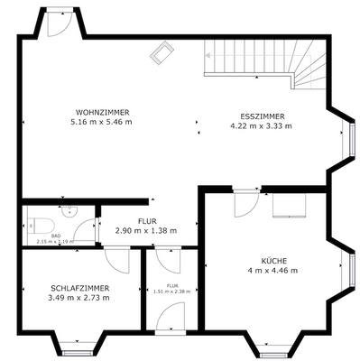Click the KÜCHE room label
click(x=272, y=258)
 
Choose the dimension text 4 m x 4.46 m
click(x=272, y=269)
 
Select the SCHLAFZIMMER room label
click(x=79, y=287)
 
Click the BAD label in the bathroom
click(x=55, y=236)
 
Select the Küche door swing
click(x=245, y=205)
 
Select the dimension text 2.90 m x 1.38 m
click(x=145, y=231)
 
